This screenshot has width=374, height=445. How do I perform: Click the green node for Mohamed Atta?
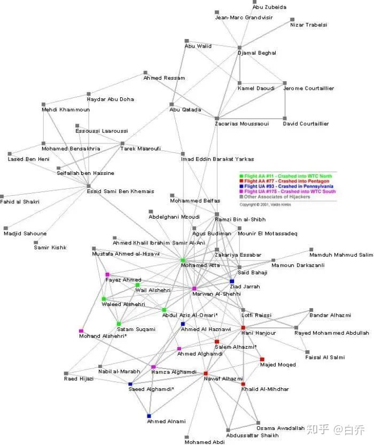(183, 260)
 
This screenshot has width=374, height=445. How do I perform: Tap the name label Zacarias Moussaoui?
(242, 124)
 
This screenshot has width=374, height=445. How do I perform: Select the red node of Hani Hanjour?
(243, 327)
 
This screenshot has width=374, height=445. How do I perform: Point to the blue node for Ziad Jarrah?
(232, 281)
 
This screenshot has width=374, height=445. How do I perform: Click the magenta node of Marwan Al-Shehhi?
(194, 289)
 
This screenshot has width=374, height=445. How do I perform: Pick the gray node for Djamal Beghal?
(240, 48)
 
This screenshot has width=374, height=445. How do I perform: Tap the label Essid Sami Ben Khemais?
(120, 191)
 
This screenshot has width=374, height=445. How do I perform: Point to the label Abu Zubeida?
(269, 7)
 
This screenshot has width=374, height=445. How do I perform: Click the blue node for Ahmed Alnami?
(149, 416)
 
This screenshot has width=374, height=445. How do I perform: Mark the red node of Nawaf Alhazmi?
(205, 373)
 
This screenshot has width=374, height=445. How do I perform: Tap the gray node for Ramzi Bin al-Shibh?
(217, 214)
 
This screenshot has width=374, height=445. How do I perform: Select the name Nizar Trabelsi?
(308, 25)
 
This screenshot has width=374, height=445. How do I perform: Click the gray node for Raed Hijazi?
(66, 373)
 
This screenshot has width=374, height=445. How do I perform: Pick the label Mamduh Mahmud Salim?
(341, 255)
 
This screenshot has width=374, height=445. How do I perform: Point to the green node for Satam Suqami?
(119, 324)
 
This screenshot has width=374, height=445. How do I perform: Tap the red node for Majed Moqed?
(262, 359)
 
